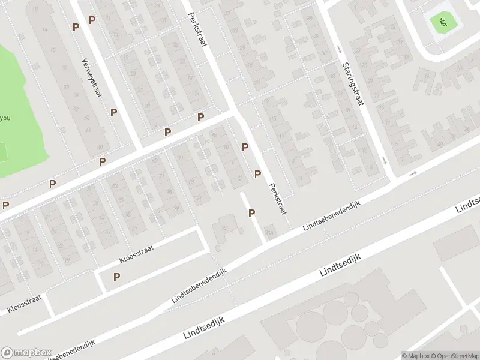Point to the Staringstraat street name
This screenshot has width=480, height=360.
(353, 84)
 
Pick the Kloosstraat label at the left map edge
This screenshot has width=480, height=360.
(25, 304)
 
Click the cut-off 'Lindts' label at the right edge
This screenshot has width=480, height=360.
(468, 204)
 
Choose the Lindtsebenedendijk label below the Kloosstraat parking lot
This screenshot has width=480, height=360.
(200, 285)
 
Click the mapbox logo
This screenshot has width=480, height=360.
(26, 353)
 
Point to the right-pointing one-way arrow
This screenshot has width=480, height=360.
(412, 173)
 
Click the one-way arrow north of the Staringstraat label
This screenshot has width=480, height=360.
(339, 49)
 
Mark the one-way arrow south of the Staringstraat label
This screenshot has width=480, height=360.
(385, 160)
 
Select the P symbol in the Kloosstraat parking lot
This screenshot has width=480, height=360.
(117, 277)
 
